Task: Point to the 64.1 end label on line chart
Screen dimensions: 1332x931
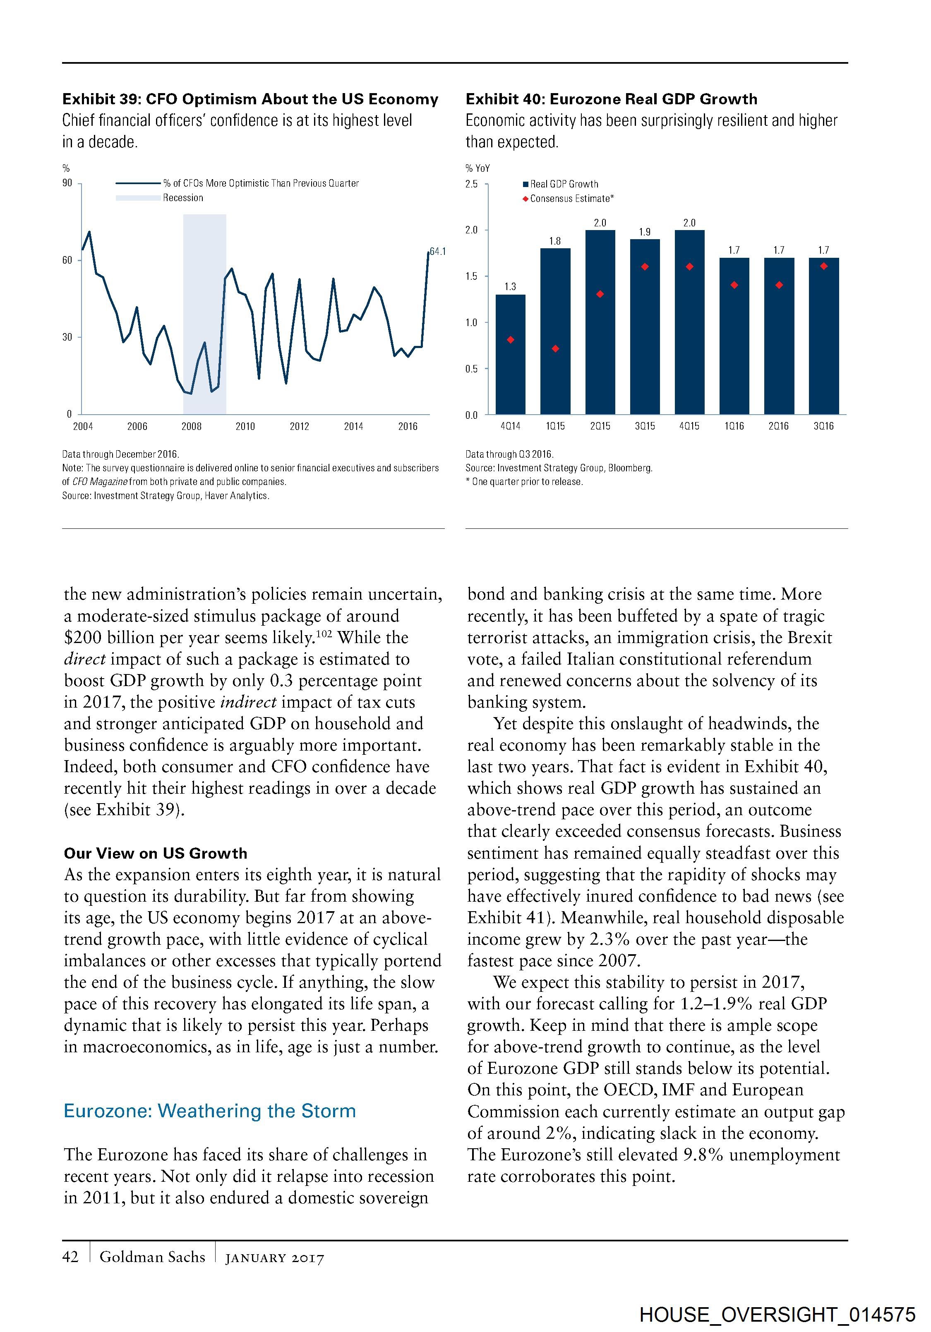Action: (437, 251)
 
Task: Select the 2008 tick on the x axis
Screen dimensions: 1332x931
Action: (192, 426)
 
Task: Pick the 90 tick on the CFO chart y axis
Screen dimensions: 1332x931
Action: (67, 183)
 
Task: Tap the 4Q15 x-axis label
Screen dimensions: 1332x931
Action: (689, 426)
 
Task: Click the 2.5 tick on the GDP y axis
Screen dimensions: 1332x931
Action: (472, 185)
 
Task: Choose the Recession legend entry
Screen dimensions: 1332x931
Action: (183, 198)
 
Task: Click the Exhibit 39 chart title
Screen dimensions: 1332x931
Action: (250, 99)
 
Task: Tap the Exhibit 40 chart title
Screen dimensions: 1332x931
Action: (612, 99)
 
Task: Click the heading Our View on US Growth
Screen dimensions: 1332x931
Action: (156, 853)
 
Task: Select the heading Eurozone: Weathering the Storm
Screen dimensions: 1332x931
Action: (209, 1111)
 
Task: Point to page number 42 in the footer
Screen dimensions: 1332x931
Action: (70, 1257)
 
